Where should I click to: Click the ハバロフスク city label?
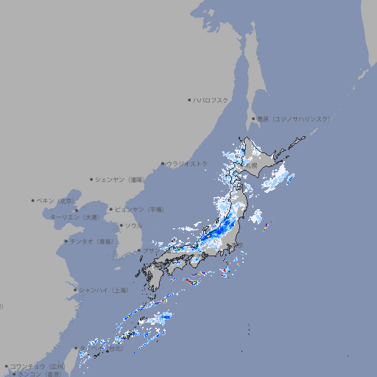211,99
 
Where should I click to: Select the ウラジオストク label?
187,163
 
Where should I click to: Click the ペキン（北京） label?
56,200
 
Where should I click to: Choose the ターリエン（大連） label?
74,217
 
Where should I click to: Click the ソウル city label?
133,225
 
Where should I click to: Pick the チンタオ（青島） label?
91,242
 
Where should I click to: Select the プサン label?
149,251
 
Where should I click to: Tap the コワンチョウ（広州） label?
38,366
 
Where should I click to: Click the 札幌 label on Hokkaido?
252,166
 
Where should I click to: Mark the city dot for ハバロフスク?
189,99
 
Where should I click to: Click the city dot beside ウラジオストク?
163,163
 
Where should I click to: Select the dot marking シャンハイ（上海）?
75,290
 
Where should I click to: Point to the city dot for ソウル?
120,225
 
